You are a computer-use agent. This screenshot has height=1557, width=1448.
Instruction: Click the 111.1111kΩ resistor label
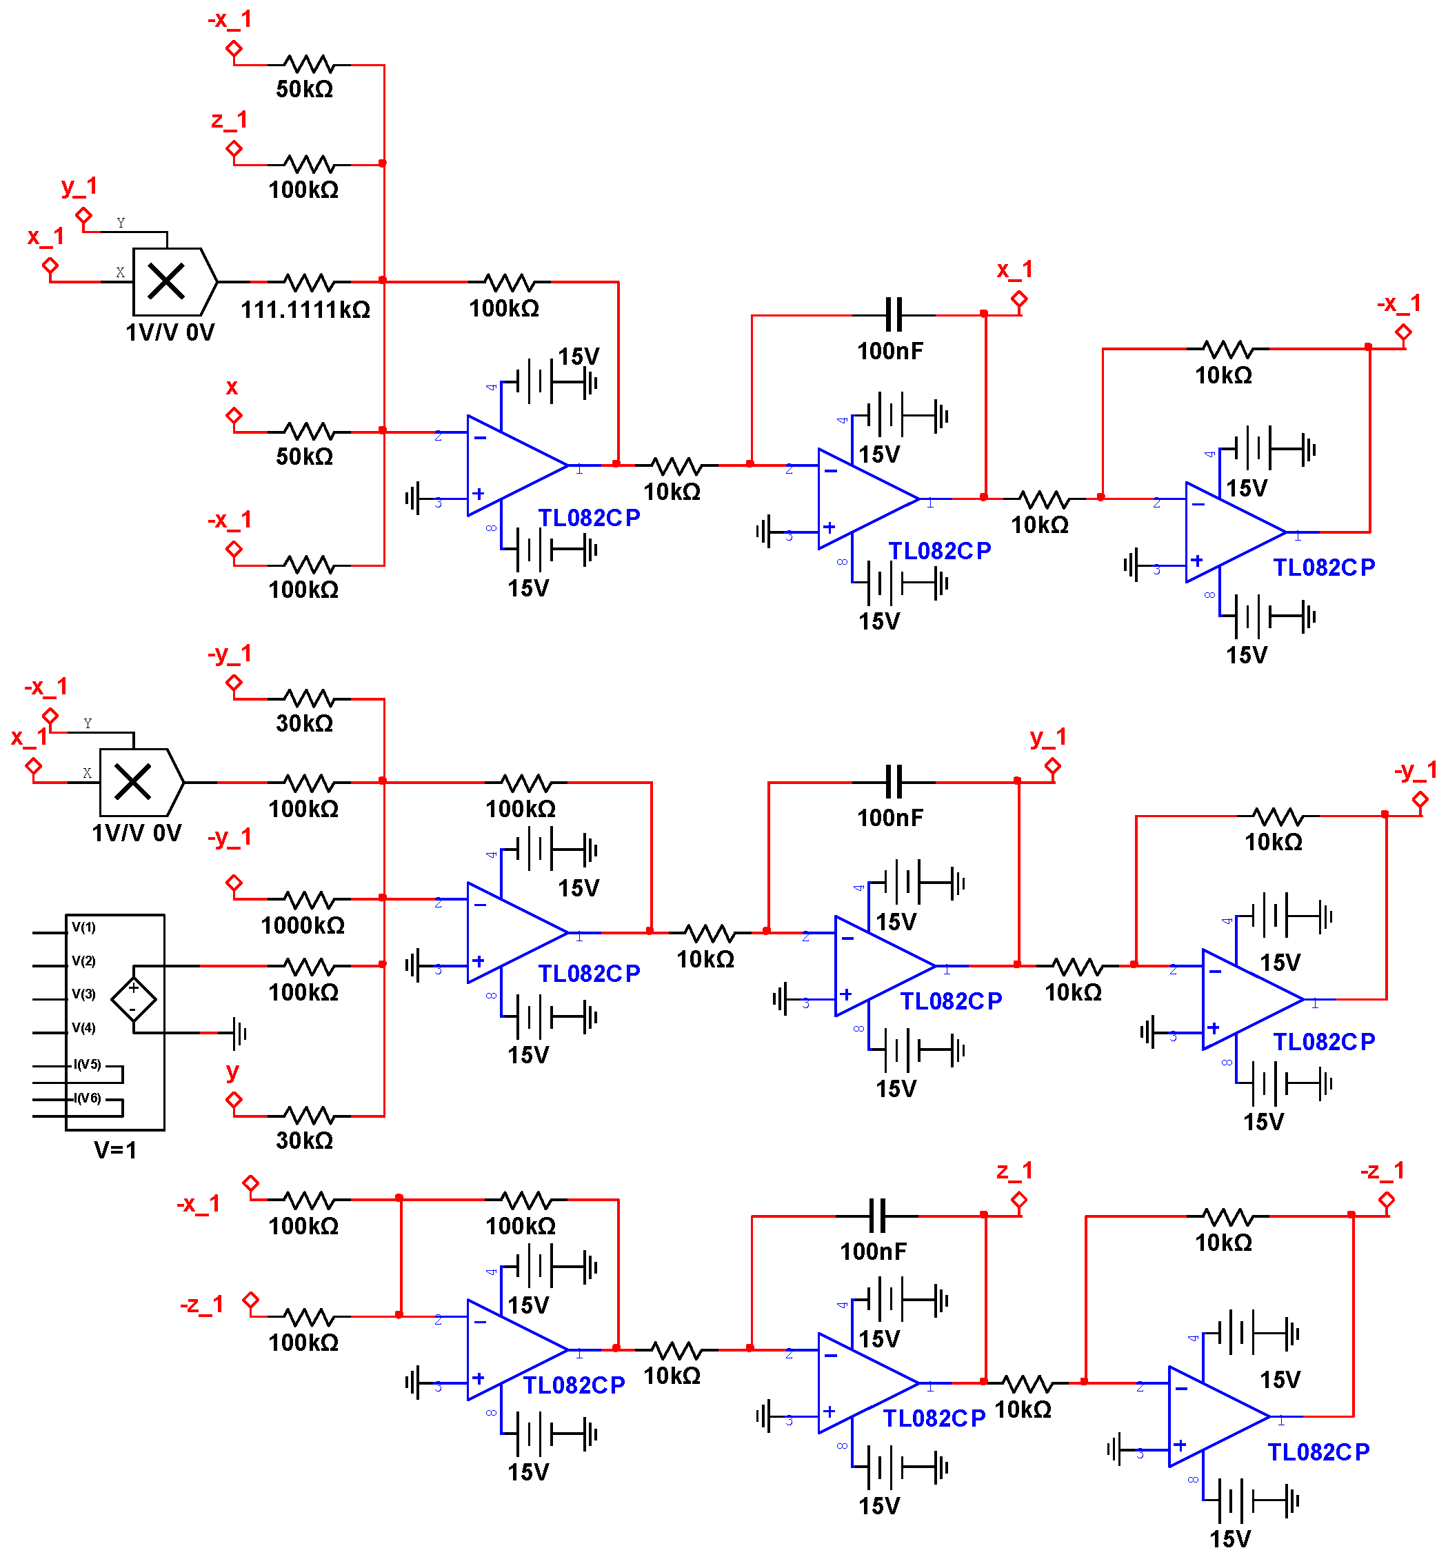pos(305,310)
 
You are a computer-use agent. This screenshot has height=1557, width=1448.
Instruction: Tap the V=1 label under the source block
pos(115,1149)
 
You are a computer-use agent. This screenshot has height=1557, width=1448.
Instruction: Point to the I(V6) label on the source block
pos(87,1097)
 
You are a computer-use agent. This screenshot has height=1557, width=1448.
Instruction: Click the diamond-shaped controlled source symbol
pos(133,998)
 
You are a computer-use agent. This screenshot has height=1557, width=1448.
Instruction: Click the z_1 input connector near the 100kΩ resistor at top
pos(233,148)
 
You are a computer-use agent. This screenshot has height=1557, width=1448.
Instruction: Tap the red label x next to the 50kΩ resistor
pos(232,387)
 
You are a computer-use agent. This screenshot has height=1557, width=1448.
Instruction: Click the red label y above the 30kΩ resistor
pos(232,1071)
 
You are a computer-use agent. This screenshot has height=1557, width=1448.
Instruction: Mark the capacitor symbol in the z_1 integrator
pos(876,1216)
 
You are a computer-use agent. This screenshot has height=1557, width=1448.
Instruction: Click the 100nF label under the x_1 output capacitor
pos(889,351)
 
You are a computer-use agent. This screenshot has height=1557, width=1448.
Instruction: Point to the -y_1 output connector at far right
pos(1420,799)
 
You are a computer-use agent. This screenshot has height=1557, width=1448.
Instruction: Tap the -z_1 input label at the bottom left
pos(201,1304)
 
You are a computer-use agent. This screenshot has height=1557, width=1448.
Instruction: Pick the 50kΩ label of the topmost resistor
pos(304,88)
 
